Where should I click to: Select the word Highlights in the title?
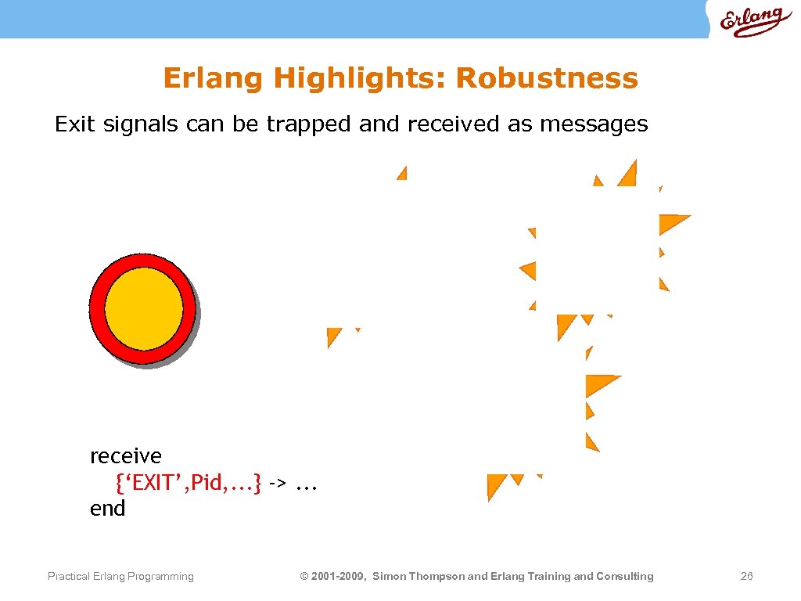(360, 78)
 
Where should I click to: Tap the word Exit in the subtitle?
(74, 124)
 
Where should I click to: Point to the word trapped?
(309, 124)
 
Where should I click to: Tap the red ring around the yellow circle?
(98, 308)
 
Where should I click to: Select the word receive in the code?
(126, 455)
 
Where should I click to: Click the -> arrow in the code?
(277, 483)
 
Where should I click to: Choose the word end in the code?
(107, 509)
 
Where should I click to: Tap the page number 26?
(746, 577)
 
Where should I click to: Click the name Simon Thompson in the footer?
(418, 577)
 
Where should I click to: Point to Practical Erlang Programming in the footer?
(120, 577)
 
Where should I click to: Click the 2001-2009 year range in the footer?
(339, 577)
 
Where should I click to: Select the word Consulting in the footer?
(625, 577)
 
